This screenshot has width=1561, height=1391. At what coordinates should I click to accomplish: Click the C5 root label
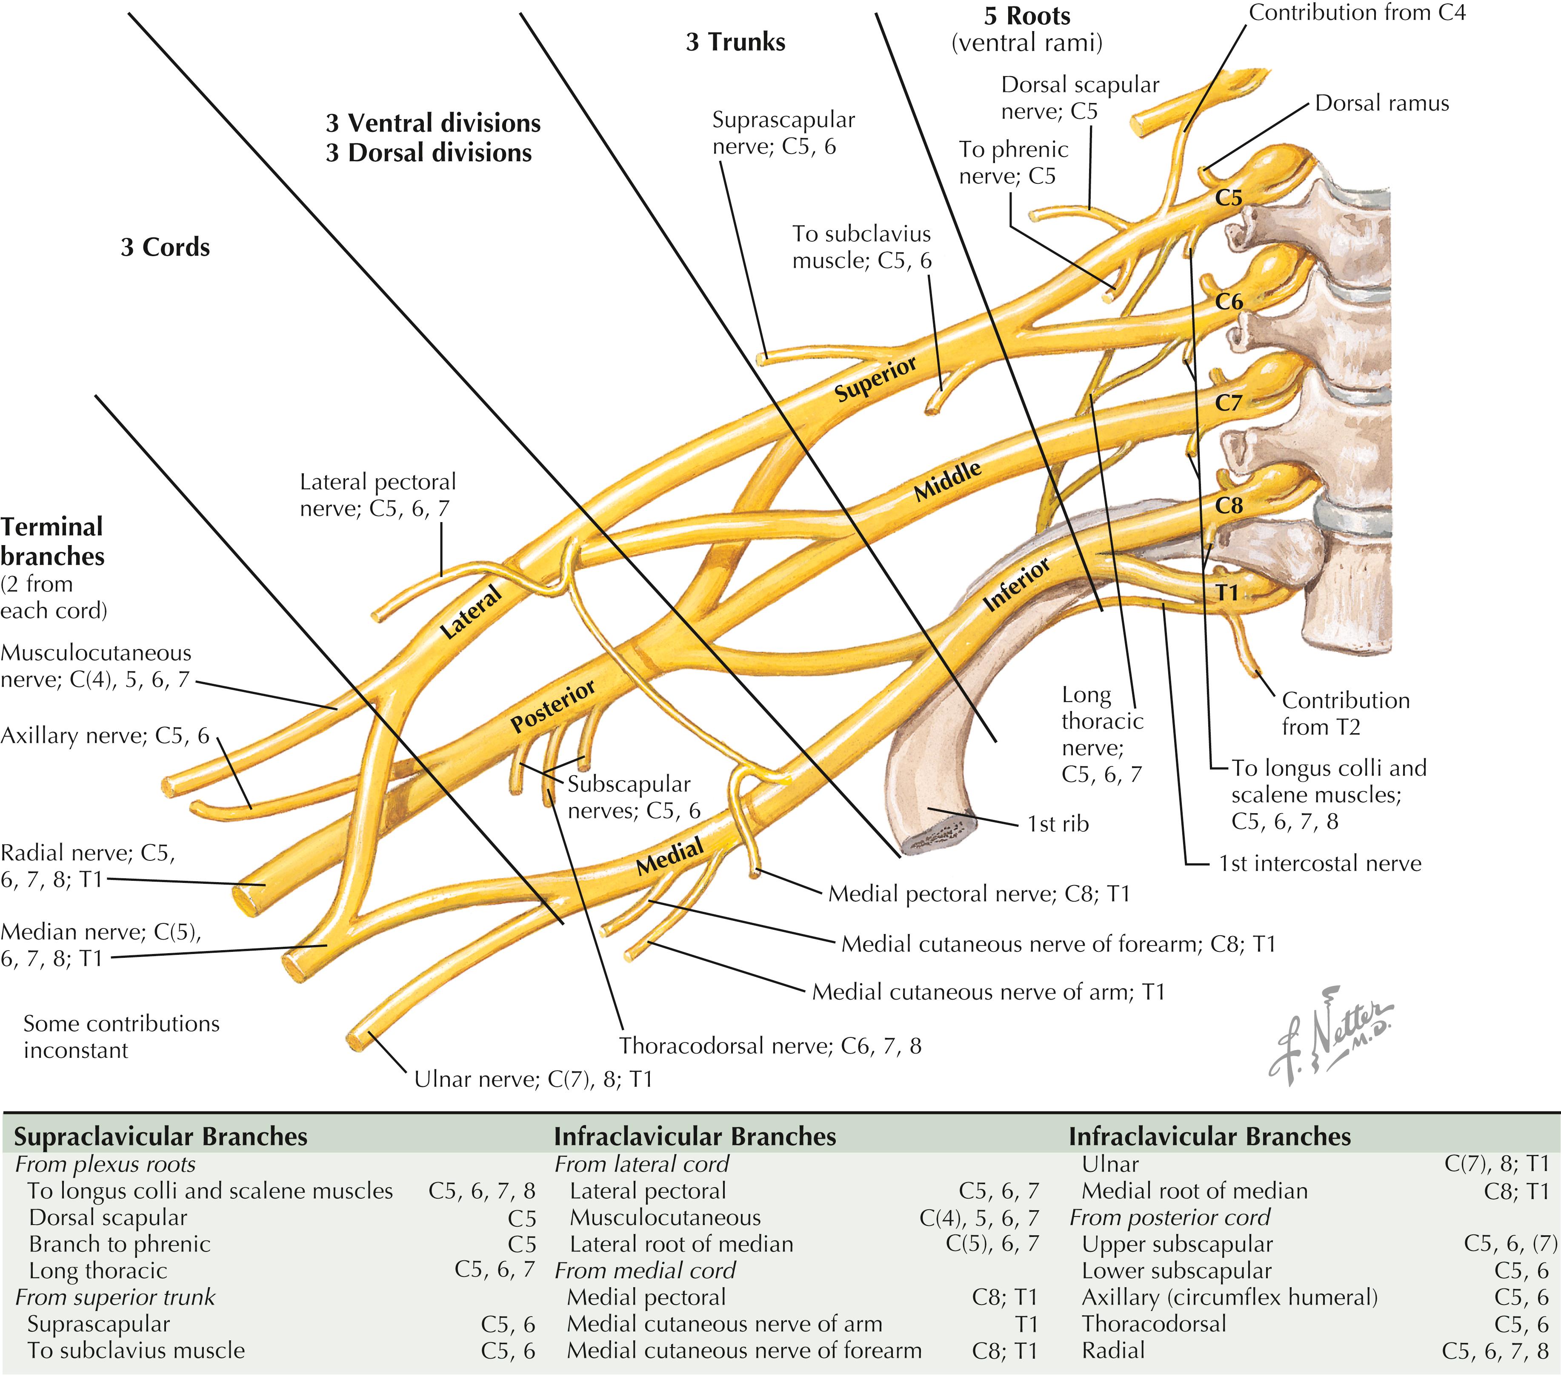(x=1229, y=198)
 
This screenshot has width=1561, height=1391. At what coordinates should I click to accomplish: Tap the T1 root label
(x=1226, y=592)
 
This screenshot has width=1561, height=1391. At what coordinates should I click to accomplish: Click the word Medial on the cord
(x=670, y=857)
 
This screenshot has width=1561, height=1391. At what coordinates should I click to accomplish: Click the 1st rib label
(x=1058, y=824)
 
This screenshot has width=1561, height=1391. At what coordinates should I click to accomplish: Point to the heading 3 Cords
(x=165, y=248)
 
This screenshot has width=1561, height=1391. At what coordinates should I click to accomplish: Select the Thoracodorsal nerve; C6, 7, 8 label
(x=770, y=1045)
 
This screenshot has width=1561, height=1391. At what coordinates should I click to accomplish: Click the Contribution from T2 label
(x=1345, y=713)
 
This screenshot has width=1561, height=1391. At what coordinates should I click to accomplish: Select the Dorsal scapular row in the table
(x=107, y=1217)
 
